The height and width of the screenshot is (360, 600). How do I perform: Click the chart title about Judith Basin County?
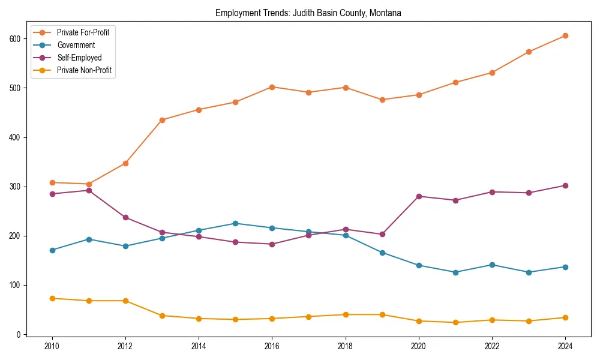click(x=308, y=13)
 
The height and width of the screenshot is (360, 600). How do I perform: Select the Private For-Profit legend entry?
click(x=83, y=32)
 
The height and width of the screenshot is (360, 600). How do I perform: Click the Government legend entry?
click(x=76, y=45)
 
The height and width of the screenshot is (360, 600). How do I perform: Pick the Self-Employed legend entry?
click(x=79, y=58)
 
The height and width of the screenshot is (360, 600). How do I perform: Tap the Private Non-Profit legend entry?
click(x=84, y=70)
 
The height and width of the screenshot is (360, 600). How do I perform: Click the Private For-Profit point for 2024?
click(x=565, y=35)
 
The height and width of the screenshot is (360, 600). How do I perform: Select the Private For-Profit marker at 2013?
click(x=162, y=120)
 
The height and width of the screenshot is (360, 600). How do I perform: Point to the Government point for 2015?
click(x=235, y=223)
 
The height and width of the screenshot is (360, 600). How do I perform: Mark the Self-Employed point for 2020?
click(x=418, y=196)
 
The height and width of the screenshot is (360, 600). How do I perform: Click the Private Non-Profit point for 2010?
click(x=52, y=298)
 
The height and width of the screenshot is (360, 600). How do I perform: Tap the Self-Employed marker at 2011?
click(x=89, y=190)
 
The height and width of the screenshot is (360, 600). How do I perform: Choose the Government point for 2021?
click(x=455, y=272)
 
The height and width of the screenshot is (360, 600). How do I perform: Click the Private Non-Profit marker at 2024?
click(x=565, y=317)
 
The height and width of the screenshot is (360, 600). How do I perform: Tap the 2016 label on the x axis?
click(x=272, y=347)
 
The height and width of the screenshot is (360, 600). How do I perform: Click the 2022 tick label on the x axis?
click(x=492, y=347)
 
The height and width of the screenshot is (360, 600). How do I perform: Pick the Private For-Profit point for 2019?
click(x=382, y=100)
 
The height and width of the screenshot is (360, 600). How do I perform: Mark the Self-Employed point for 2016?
click(x=272, y=244)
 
